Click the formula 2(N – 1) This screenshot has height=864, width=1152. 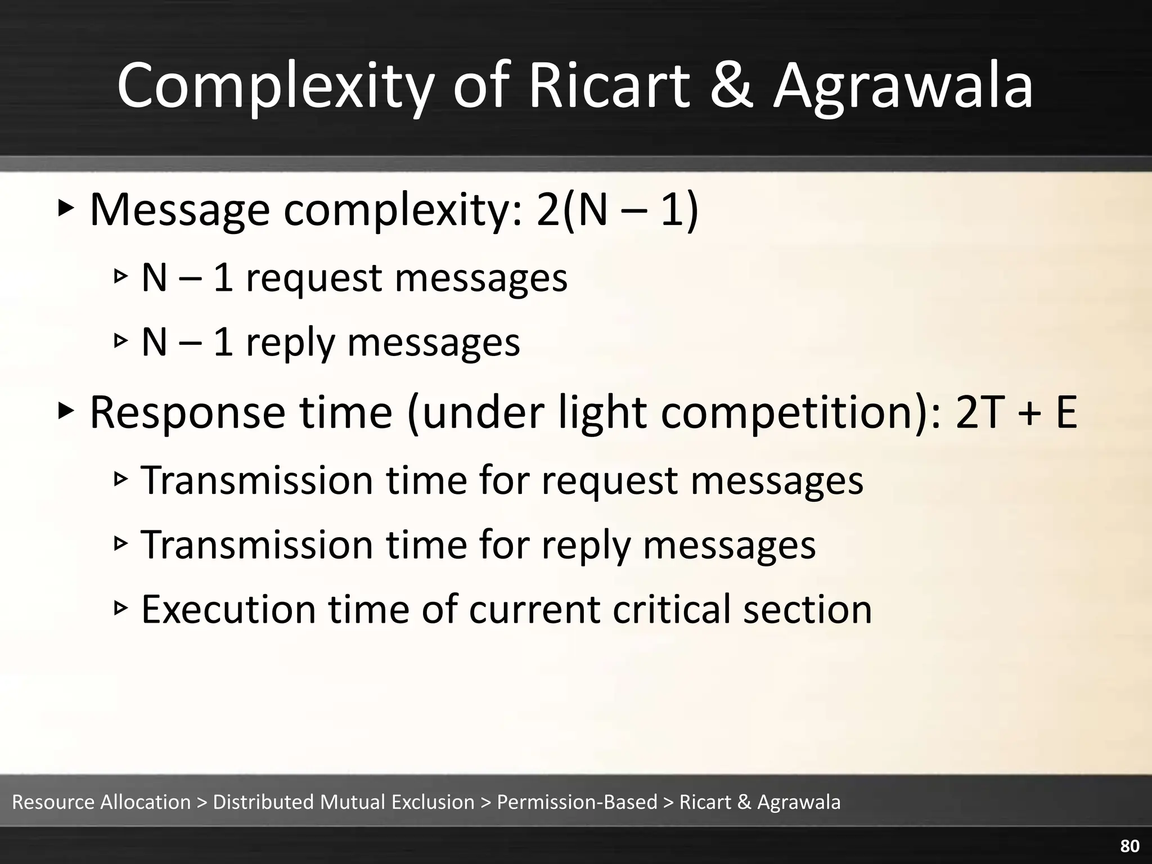(x=617, y=209)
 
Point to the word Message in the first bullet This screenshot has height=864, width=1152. (x=179, y=209)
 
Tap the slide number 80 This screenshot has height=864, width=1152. (x=1130, y=846)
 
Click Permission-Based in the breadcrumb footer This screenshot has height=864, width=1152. (x=577, y=802)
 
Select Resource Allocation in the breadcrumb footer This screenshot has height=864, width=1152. (x=101, y=802)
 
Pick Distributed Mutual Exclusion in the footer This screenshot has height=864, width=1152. (x=344, y=802)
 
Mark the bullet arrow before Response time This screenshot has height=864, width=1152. (x=66, y=412)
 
